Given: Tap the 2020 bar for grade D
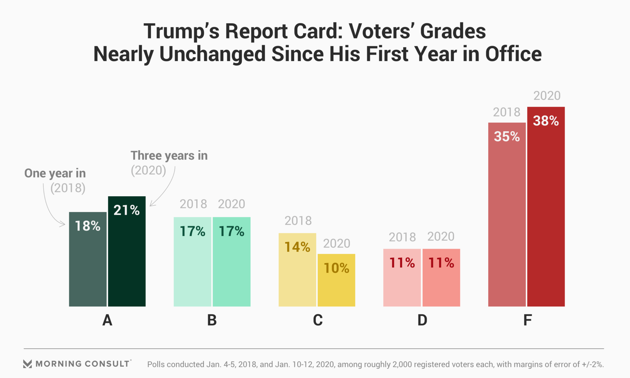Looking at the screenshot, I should [441, 282].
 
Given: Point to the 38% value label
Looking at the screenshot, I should [546, 121].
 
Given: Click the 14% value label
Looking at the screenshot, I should [297, 247].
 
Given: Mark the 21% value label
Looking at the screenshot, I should [127, 210].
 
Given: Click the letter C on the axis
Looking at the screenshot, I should [318, 320].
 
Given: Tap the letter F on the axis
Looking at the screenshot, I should [527, 320].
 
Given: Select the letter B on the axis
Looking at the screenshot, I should [212, 320].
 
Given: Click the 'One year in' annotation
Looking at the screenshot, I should [55, 173].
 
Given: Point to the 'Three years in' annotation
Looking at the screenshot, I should [169, 156].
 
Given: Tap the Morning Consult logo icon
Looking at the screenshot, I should [28, 364].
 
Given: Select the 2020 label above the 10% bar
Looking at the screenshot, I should [337, 243].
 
